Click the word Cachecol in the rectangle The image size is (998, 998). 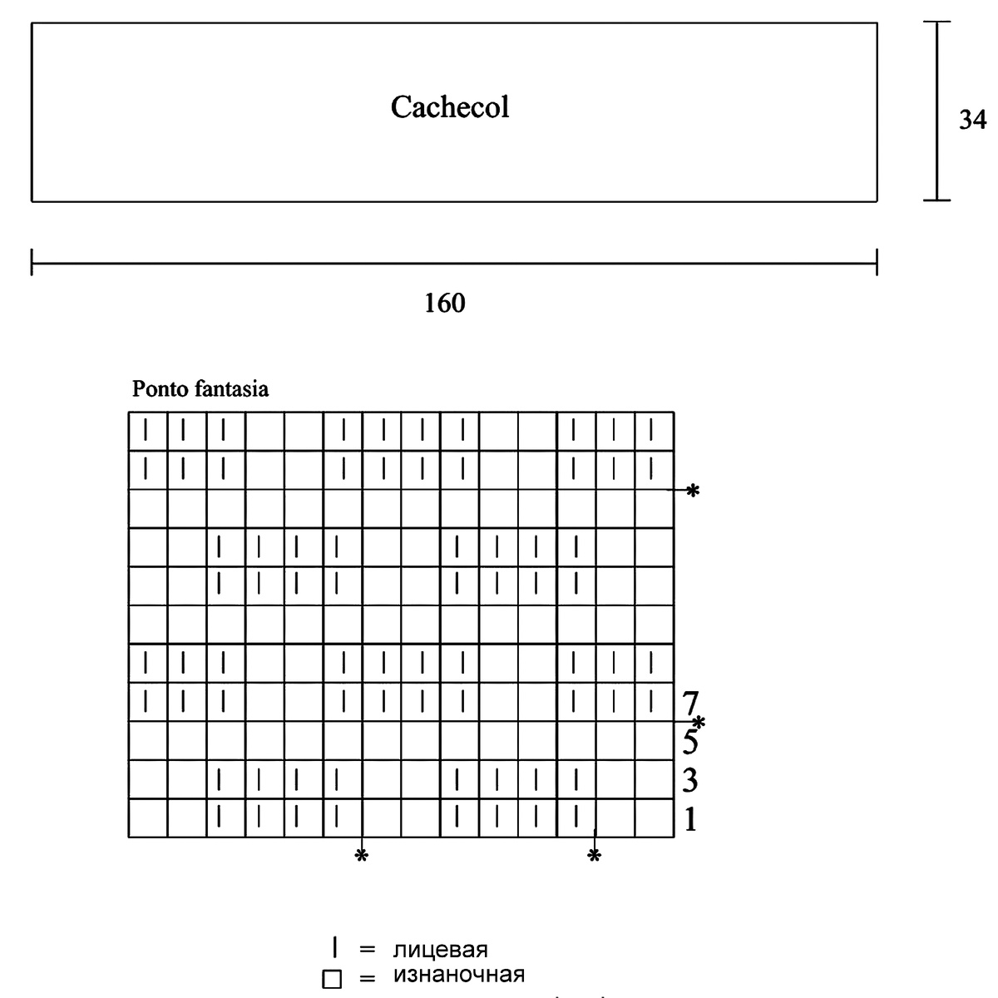(x=450, y=107)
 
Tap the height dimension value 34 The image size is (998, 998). (x=972, y=121)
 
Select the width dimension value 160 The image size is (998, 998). (x=445, y=304)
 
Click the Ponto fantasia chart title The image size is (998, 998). (x=200, y=388)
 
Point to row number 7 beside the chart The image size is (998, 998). (x=689, y=704)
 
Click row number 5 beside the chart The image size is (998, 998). (x=689, y=741)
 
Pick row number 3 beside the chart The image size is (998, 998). (x=689, y=781)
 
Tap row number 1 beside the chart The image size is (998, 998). (x=689, y=820)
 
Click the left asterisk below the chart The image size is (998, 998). (x=361, y=856)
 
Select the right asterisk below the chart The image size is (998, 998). (x=594, y=856)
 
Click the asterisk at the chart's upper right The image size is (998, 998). (x=693, y=492)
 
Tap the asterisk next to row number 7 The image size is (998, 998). (x=700, y=722)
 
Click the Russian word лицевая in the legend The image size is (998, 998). (x=440, y=949)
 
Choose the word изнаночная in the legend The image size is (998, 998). (x=458, y=974)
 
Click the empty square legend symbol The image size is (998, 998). (x=333, y=980)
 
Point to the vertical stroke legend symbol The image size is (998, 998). (x=333, y=946)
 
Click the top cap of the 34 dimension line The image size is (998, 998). (x=937, y=22)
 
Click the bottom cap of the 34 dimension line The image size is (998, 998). (x=937, y=200)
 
